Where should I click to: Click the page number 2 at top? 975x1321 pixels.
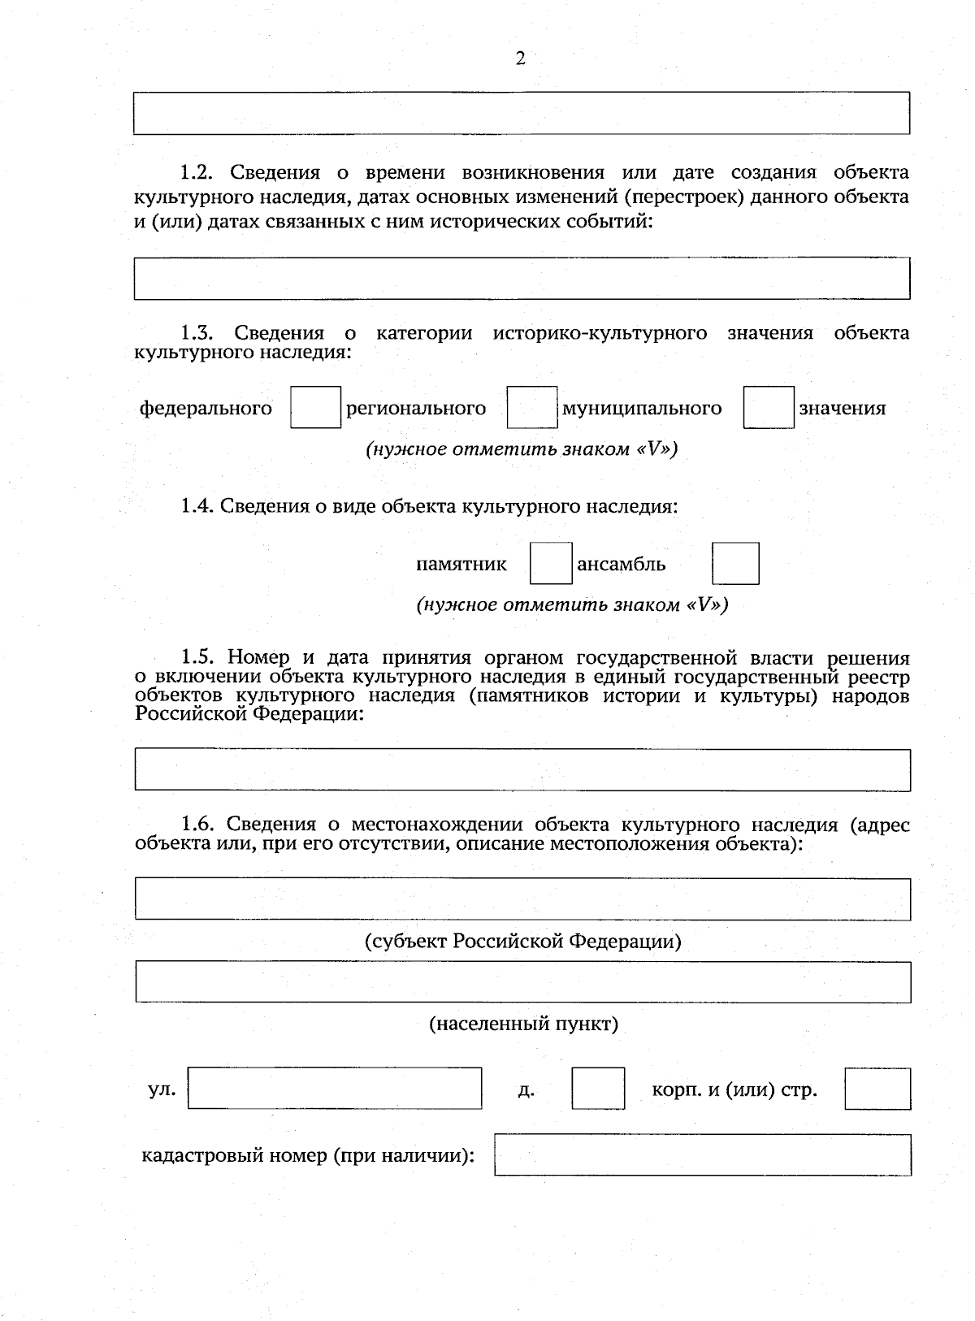[520, 58]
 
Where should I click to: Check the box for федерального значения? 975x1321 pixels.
[315, 408]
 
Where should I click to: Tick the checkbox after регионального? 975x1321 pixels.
[532, 408]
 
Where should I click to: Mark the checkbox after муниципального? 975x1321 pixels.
[768, 408]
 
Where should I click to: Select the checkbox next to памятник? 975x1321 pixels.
[551, 564]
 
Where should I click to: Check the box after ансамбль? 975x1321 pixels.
[735, 564]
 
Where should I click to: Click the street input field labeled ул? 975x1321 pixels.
[335, 1089]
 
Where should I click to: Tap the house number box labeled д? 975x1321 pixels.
[598, 1089]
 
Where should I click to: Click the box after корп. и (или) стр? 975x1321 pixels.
[877, 1089]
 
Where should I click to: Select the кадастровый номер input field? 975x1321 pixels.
[703, 1155]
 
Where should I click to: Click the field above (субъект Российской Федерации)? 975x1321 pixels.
[522, 899]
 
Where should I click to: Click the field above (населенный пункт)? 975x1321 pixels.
[522, 982]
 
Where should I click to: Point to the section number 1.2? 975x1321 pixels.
[196, 172]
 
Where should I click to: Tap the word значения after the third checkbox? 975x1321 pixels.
[842, 408]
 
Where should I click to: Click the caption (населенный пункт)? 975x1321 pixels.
[523, 1024]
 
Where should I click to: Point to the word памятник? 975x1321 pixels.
[461, 564]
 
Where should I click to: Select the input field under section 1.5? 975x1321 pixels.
[522, 769]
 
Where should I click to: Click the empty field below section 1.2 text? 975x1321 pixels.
[522, 279]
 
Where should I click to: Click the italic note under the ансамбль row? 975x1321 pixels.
[572, 605]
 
